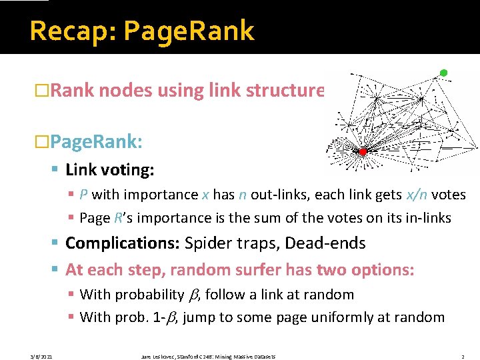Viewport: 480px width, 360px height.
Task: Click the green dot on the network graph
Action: coord(444,73)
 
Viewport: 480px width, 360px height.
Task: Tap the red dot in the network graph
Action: coord(363,152)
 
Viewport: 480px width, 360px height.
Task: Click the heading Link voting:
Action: coord(110,170)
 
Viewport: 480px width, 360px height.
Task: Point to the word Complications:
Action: coord(123,243)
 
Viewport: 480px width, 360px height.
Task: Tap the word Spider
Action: coord(209,243)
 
